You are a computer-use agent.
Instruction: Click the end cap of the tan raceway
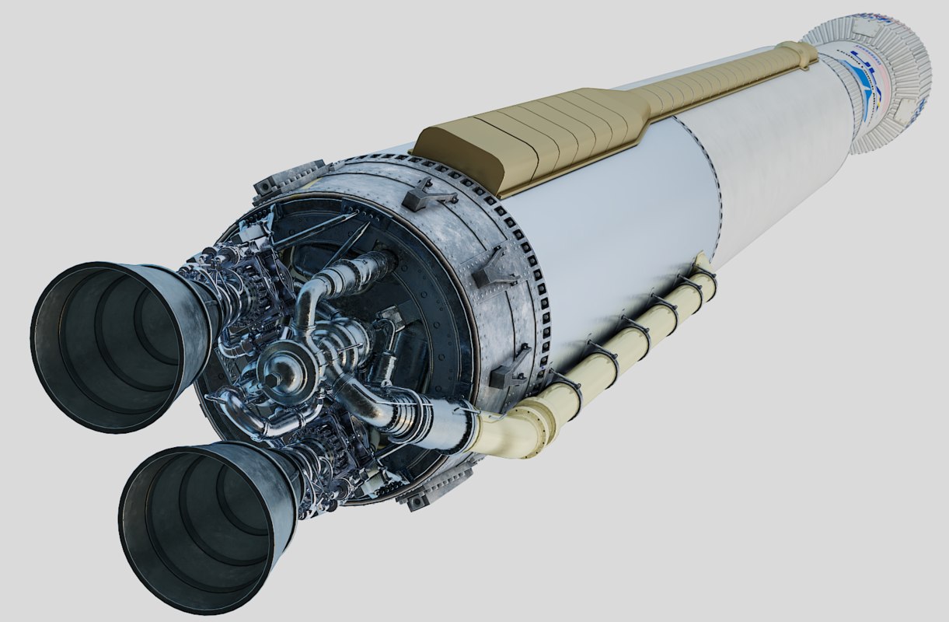801,53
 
